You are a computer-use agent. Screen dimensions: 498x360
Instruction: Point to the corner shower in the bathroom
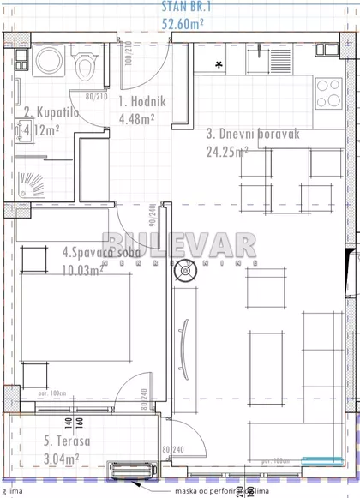(x=32, y=183)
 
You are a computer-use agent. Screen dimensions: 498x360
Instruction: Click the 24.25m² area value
(x=226, y=151)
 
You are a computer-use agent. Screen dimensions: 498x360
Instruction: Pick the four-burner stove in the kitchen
(x=329, y=92)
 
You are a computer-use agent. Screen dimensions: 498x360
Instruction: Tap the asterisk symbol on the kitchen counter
(x=219, y=65)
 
